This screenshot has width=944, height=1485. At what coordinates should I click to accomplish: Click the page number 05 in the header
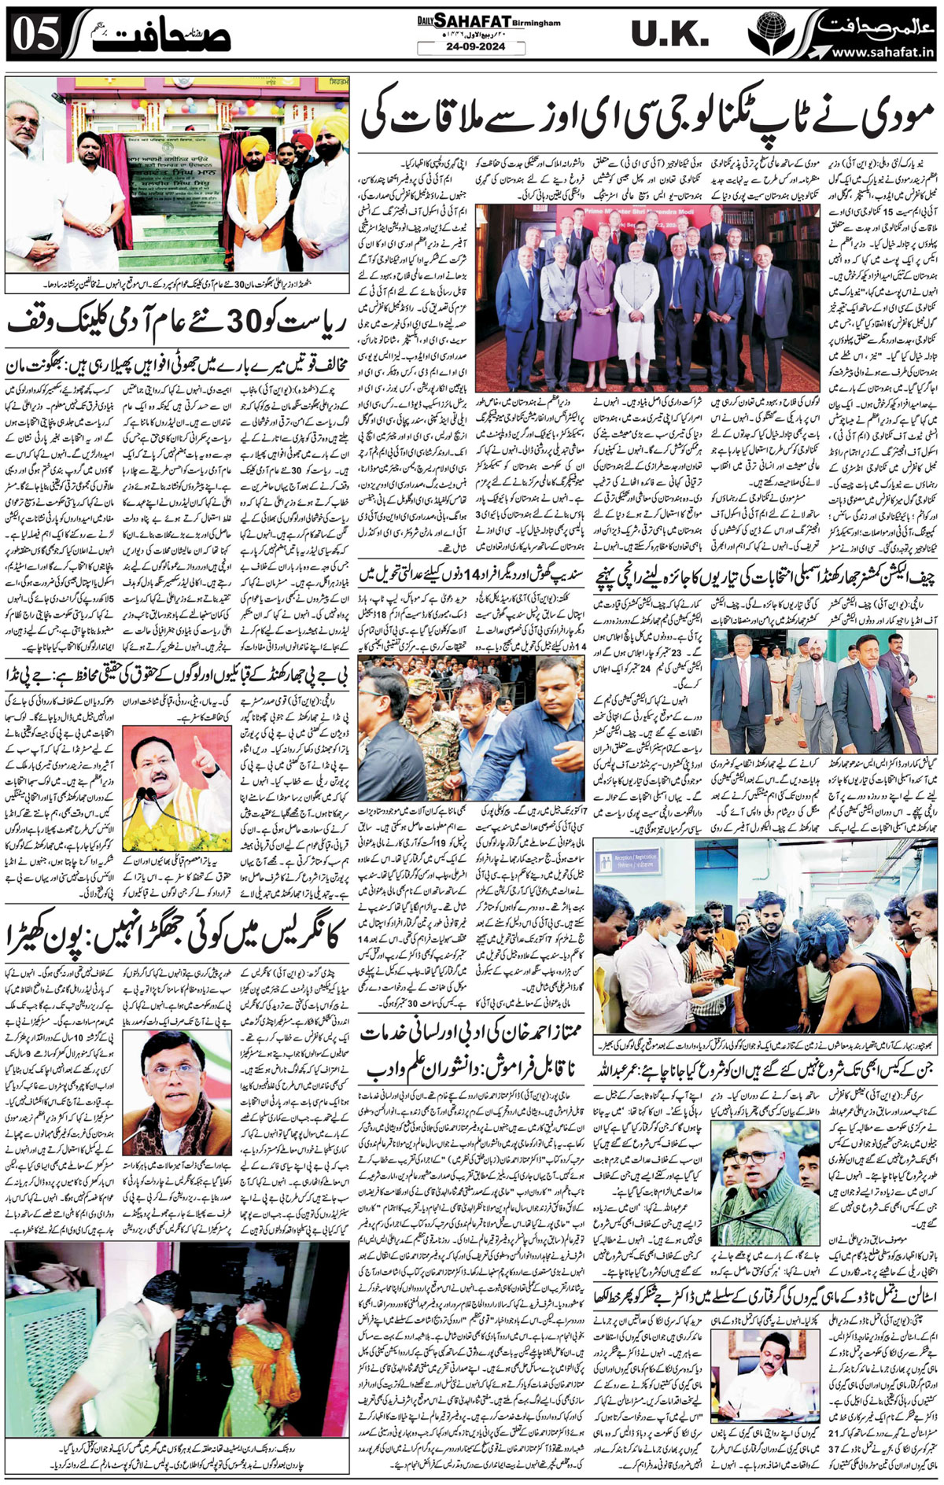coord(33,37)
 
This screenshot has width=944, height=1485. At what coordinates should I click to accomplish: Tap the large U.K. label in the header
coord(669,35)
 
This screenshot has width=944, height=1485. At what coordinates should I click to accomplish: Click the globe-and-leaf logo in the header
coord(770,35)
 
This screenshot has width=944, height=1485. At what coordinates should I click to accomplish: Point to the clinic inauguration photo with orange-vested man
coord(178,174)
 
